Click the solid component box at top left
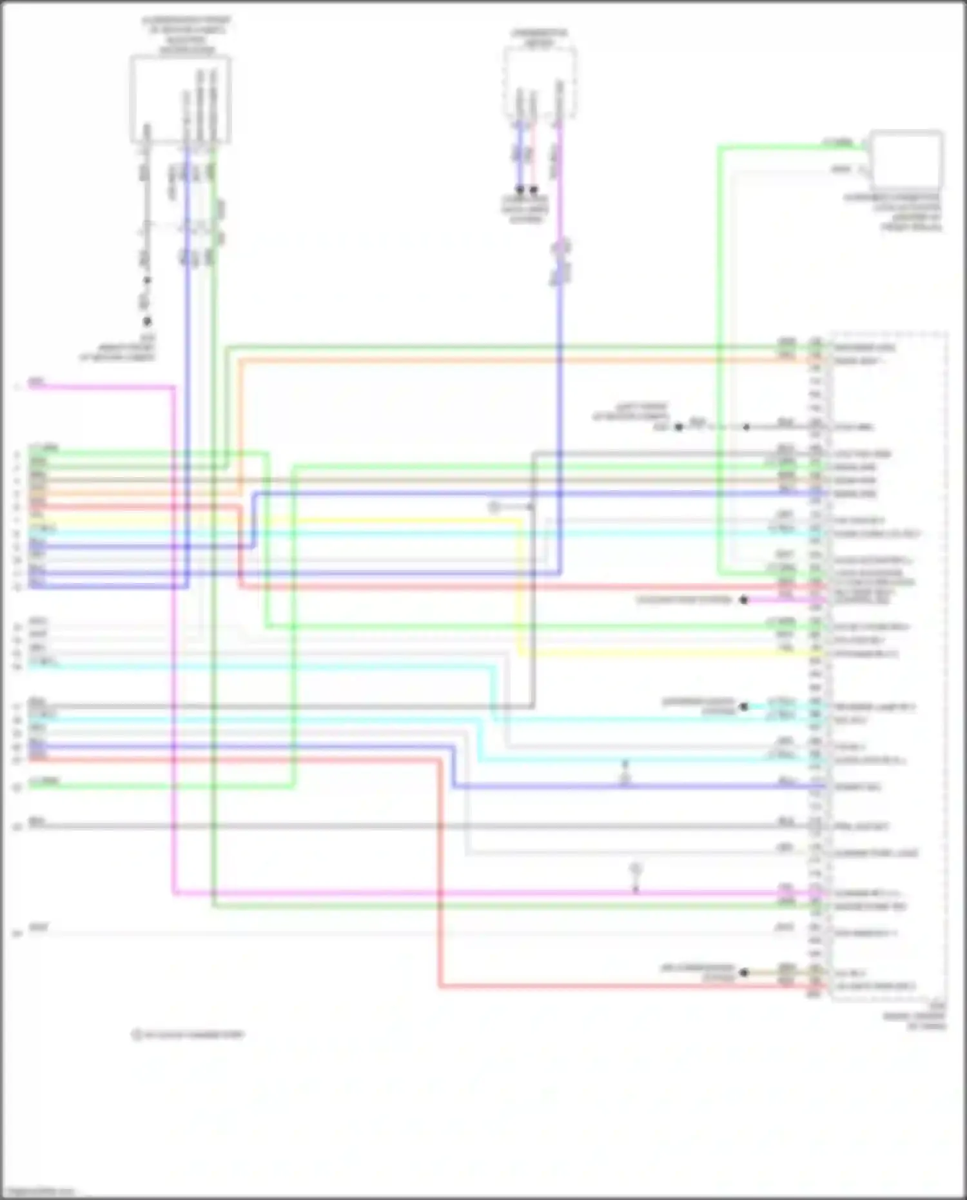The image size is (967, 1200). (181, 99)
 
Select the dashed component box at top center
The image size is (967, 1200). (540, 83)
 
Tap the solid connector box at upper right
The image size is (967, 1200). (905, 159)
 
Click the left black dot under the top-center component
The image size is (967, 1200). (520, 190)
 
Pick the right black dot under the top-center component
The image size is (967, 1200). (534, 190)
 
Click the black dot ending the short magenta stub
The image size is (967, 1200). (744, 600)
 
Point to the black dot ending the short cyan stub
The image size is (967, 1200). (744, 707)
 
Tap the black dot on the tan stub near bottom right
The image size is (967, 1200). (744, 972)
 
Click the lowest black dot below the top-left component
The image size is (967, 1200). (147, 321)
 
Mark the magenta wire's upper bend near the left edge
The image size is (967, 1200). (174, 388)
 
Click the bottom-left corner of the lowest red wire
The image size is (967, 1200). (440, 986)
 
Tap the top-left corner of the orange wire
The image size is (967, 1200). (240, 360)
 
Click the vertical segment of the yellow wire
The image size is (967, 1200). (520, 587)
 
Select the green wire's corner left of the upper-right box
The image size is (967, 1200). (719, 148)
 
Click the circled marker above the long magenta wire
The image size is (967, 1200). (636, 870)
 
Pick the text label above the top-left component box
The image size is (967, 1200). (186, 35)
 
